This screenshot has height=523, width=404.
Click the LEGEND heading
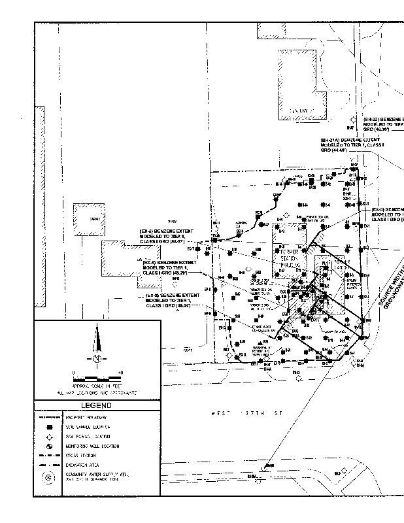[x=95, y=405]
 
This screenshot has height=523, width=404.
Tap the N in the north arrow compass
[x=97, y=359]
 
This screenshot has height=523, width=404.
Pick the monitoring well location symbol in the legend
[x=49, y=445]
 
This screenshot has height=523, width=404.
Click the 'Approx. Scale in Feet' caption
[x=97, y=388]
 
